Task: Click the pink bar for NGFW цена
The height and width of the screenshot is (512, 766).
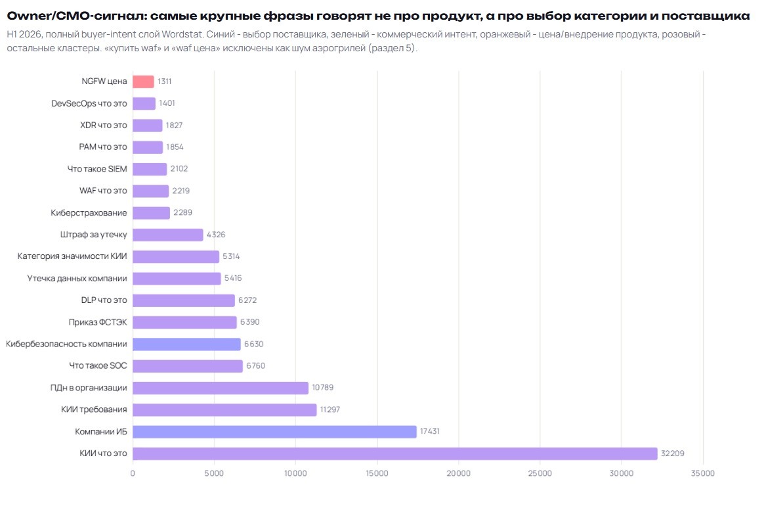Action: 143,81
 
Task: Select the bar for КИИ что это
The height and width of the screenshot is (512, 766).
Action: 395,454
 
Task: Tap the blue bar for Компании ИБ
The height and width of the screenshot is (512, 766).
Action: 274,431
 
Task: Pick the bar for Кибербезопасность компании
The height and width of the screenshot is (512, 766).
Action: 186,344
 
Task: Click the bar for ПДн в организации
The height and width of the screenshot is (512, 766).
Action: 221,388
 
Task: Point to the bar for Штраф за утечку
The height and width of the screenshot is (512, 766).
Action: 168,235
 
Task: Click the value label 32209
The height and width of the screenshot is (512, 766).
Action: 673,454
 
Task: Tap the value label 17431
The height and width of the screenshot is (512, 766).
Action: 430,431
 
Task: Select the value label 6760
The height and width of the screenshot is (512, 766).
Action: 255,366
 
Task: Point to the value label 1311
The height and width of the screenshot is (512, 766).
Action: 164,81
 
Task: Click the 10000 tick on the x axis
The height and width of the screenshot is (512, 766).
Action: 295,473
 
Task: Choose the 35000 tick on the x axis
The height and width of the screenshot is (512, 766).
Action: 703,473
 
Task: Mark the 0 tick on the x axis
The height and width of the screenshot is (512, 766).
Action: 133,473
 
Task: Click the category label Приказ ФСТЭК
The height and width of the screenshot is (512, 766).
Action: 98,322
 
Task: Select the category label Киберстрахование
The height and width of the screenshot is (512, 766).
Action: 89,213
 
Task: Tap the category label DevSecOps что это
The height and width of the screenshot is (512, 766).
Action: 89,104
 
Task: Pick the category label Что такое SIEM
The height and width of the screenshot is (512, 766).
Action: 97,169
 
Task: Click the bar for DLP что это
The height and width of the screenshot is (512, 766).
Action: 184,300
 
